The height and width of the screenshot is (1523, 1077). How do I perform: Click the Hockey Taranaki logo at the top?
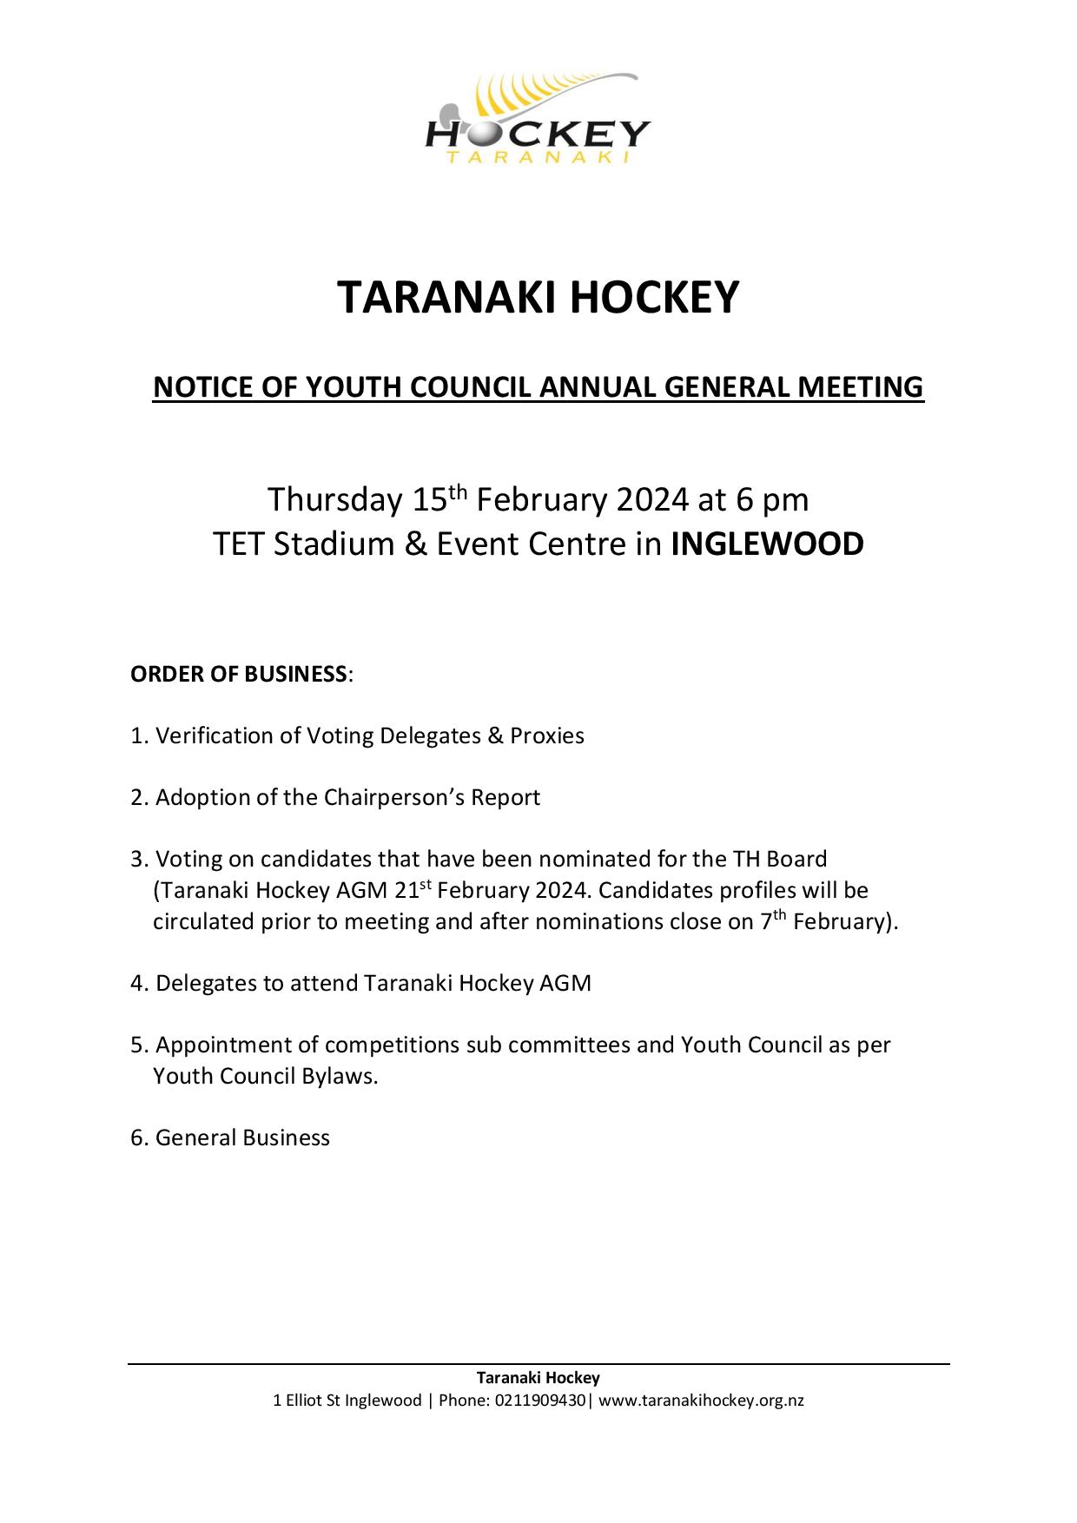point(538,120)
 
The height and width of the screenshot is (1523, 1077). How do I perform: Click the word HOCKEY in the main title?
point(654,297)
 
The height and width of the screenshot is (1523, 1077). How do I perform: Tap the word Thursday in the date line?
point(334,500)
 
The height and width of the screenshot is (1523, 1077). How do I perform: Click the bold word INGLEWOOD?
point(767,544)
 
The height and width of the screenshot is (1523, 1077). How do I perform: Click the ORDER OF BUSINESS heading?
point(239,674)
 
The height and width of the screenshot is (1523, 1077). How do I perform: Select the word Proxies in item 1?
point(546,735)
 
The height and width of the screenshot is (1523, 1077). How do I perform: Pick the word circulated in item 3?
point(204,921)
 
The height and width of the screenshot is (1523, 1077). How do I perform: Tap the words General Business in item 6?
point(242,1137)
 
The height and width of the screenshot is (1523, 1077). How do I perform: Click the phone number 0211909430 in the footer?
point(541,1400)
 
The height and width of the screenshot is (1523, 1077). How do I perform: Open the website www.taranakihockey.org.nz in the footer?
point(701,1400)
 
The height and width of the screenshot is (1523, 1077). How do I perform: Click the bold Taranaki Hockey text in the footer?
point(538,1378)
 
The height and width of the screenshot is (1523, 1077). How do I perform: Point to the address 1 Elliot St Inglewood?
point(347,1400)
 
